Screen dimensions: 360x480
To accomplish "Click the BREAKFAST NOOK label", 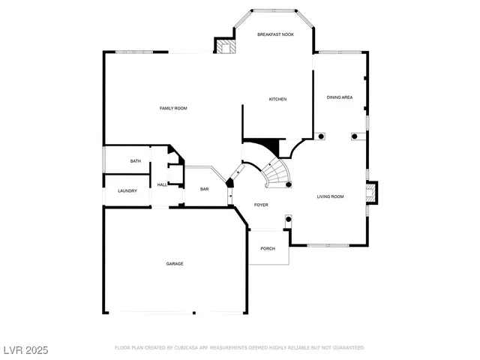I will (x=275, y=34).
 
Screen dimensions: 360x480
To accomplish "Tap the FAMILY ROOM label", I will (x=173, y=109).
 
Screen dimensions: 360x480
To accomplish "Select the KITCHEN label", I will (x=278, y=99).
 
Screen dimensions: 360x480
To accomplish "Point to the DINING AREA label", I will (x=340, y=97).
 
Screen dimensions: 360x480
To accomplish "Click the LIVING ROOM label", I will (x=330, y=196).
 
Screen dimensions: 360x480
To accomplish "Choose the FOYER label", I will (x=261, y=205).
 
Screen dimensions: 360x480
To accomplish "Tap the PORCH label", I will (x=268, y=248).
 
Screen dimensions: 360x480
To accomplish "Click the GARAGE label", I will (x=175, y=264).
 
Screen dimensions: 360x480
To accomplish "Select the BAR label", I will (x=204, y=189).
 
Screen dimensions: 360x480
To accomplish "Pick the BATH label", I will (x=136, y=161).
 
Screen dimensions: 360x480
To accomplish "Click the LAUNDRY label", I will (x=127, y=190).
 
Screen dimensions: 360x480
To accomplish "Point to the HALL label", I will (x=162, y=184).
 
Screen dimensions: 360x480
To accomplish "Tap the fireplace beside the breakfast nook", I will (x=226, y=47).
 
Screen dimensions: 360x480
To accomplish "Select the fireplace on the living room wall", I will (x=373, y=193).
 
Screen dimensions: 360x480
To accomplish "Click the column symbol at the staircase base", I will (x=289, y=184).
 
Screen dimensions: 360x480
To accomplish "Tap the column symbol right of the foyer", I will (x=287, y=219).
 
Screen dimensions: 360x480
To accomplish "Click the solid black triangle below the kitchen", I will (x=263, y=144).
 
